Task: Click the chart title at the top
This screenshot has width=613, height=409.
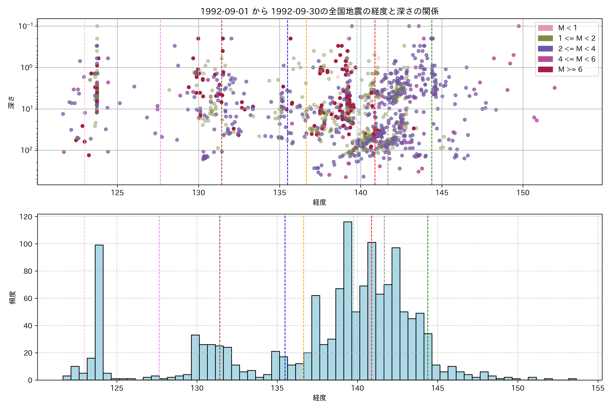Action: [319, 11]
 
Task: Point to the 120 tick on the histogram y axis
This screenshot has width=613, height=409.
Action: [26, 217]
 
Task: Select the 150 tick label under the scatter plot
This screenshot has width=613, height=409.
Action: [523, 193]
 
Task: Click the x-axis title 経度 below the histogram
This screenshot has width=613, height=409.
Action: [319, 398]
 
